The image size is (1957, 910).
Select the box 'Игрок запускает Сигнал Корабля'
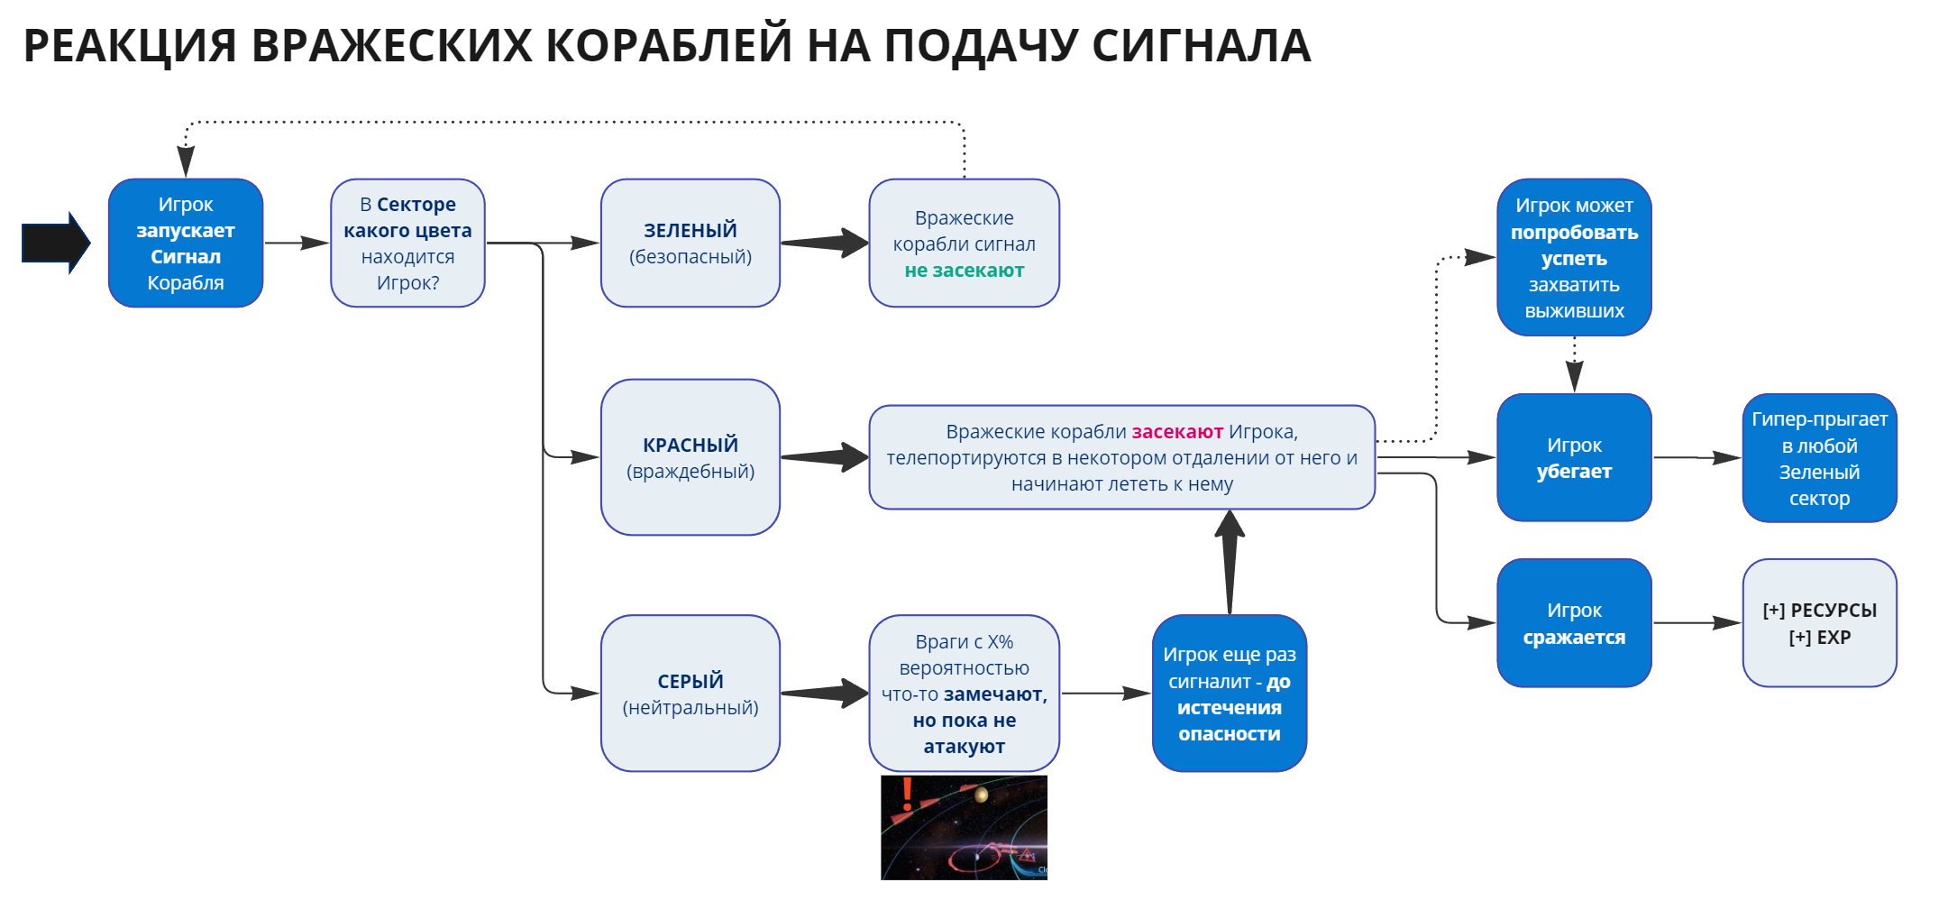(186, 243)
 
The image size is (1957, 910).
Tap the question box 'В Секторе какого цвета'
(407, 243)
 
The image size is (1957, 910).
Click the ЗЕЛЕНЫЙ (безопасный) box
(690, 243)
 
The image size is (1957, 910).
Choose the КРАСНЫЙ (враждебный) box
(690, 457)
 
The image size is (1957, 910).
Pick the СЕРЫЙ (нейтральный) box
(690, 694)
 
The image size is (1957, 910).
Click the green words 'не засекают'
(965, 271)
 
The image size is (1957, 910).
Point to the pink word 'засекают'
(1177, 432)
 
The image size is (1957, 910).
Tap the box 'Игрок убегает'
(1574, 457)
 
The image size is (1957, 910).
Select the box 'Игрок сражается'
(1574, 623)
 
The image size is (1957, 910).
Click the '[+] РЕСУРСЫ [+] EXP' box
(1820, 623)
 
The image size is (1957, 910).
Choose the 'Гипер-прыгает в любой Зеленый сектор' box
(1820, 457)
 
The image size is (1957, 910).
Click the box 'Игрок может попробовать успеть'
(1574, 257)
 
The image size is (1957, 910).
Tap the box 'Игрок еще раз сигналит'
(1230, 694)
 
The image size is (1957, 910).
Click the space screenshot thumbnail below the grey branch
(964, 827)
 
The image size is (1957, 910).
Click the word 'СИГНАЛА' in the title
(1202, 45)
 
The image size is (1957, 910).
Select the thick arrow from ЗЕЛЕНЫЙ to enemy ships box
(825, 243)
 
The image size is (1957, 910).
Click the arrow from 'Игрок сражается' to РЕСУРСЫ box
(1697, 623)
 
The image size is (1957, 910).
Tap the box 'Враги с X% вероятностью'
(965, 694)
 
